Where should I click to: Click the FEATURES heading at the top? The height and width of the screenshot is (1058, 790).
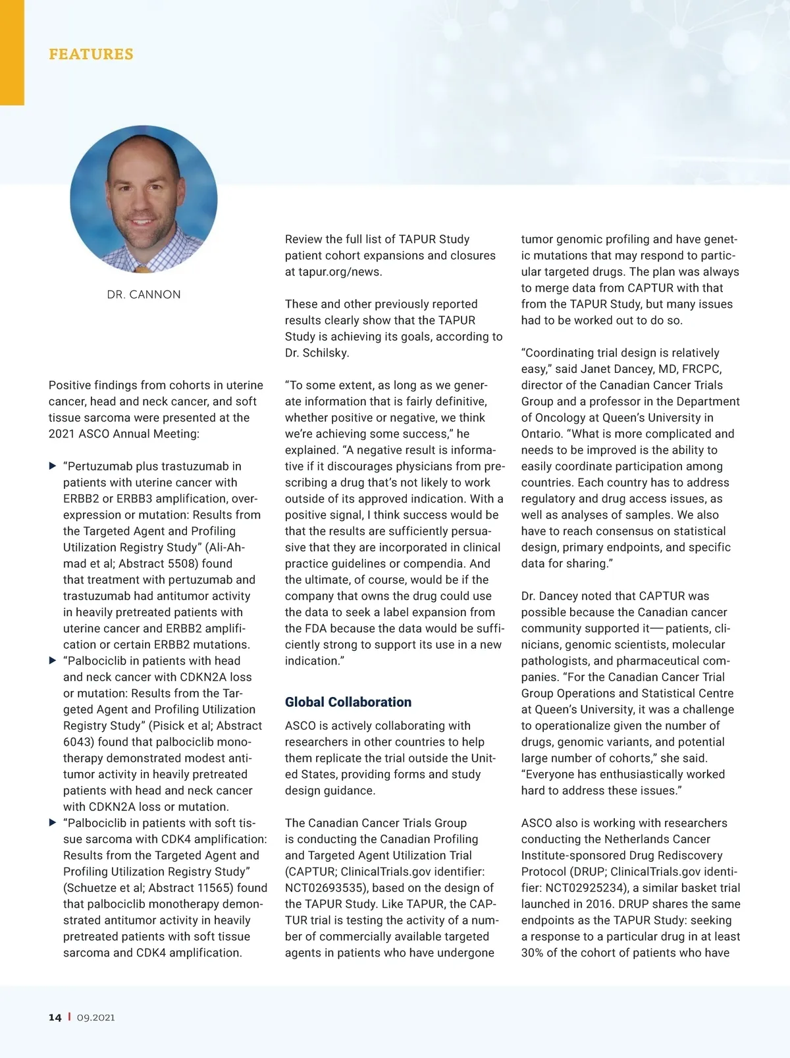[91, 54]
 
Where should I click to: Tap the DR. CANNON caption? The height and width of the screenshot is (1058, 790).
[144, 294]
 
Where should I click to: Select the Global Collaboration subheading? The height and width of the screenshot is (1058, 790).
[348, 702]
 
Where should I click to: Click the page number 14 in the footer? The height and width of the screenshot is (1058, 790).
[55, 1017]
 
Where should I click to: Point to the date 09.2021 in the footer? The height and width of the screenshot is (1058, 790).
[95, 1017]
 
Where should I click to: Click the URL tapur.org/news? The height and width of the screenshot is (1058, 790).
[340, 271]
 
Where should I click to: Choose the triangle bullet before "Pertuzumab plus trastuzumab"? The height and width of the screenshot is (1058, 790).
[53, 466]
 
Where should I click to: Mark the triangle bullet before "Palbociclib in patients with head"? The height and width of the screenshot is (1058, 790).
[53, 661]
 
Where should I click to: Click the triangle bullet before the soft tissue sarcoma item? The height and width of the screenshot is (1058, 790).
[53, 823]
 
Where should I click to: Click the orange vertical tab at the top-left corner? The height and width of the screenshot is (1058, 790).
[12, 53]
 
